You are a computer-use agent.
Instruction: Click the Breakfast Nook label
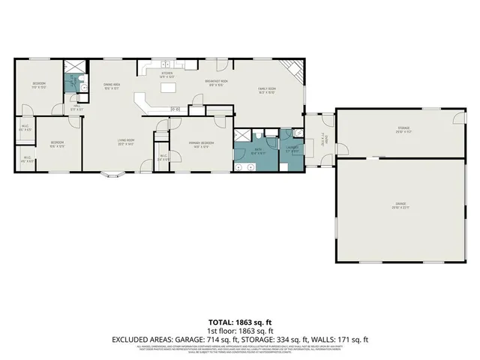(217, 82)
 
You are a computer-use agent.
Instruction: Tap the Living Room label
(125, 142)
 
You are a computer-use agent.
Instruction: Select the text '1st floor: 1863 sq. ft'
(240, 331)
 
